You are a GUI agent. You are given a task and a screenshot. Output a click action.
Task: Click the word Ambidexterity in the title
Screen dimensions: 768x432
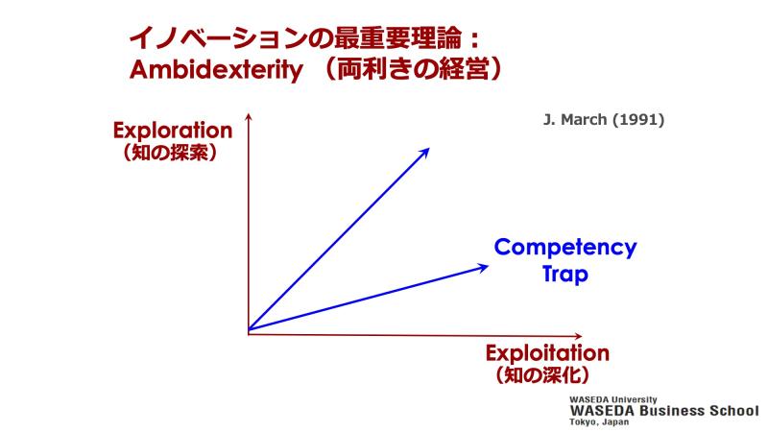point(216,70)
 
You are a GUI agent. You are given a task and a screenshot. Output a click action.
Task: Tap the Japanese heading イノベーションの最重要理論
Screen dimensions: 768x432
point(296,38)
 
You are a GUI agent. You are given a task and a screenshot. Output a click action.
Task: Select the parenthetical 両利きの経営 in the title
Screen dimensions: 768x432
point(413,69)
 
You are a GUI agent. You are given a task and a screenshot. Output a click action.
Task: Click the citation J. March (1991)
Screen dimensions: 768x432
point(604,119)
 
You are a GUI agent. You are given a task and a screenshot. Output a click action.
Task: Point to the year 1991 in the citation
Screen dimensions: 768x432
point(638,119)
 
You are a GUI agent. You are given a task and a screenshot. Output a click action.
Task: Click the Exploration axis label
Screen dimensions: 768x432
point(173,131)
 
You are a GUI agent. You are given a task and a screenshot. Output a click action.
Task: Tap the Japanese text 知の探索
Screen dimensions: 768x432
point(171,153)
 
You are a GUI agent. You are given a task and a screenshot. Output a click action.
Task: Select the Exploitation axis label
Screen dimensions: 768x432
point(547,353)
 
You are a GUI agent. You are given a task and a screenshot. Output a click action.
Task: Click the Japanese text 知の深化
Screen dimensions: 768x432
point(542,375)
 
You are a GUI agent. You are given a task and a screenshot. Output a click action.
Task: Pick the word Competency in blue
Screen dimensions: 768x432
point(565,248)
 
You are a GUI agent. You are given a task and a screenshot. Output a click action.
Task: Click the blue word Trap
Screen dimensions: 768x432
point(564,274)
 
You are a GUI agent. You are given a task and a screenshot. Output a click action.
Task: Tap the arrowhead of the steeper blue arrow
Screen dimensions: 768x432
point(424,153)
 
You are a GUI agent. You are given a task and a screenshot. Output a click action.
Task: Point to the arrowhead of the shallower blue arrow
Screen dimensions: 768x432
point(483,268)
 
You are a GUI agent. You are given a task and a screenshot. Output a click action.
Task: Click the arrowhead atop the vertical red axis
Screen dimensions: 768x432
point(249,116)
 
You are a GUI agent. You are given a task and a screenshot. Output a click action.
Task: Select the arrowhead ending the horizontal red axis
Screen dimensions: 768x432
point(579,336)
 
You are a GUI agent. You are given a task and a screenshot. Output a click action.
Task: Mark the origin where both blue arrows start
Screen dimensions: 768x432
point(249,329)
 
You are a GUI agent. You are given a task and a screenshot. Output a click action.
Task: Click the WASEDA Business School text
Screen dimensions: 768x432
point(664,411)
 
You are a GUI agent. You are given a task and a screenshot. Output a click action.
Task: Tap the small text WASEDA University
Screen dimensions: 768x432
point(612,399)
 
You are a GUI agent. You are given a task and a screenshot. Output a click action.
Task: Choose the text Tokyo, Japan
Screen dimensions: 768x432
point(599,421)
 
